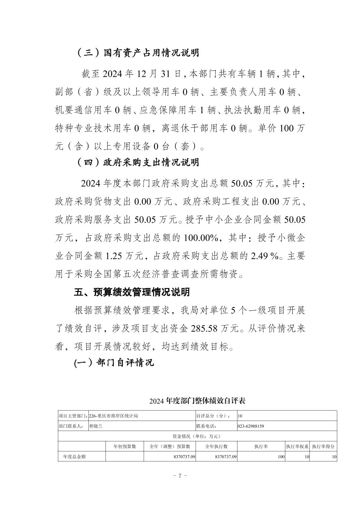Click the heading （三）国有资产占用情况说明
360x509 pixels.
pyautogui.click(x=138, y=53)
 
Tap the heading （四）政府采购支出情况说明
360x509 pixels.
pyautogui.click(x=138, y=162)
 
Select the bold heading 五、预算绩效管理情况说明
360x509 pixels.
pyautogui.click(x=132, y=292)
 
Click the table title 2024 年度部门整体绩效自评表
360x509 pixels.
pyautogui.click(x=198, y=401)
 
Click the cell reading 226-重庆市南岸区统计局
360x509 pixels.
pyautogui.click(x=113, y=416)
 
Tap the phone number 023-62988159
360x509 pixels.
pyautogui.click(x=251, y=426)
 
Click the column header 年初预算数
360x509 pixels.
pyautogui.click(x=125, y=446)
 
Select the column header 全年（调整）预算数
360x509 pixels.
pyautogui.click(x=170, y=446)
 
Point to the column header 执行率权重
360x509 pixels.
pyautogui.click(x=297, y=446)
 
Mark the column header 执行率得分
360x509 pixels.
pyautogui.click(x=323, y=446)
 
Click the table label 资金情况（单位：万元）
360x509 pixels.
pyautogui.click(x=197, y=436)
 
